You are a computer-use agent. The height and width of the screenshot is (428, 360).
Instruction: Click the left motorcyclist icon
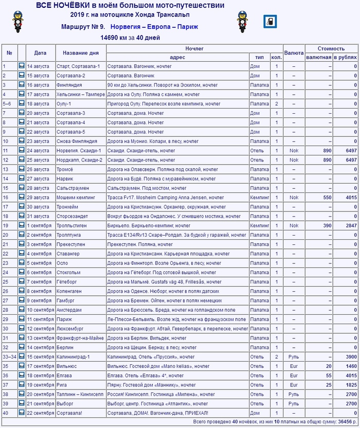coord(19,22)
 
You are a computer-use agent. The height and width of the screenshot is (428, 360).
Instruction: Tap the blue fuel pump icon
coord(269,22)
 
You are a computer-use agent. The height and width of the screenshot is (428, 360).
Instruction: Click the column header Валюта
coord(294,52)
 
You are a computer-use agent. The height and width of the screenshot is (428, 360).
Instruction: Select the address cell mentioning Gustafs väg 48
coord(164,282)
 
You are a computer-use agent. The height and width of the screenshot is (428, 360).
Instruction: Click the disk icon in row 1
coord(22,66)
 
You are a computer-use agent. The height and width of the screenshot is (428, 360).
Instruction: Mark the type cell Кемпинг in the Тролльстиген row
coord(260,225)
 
